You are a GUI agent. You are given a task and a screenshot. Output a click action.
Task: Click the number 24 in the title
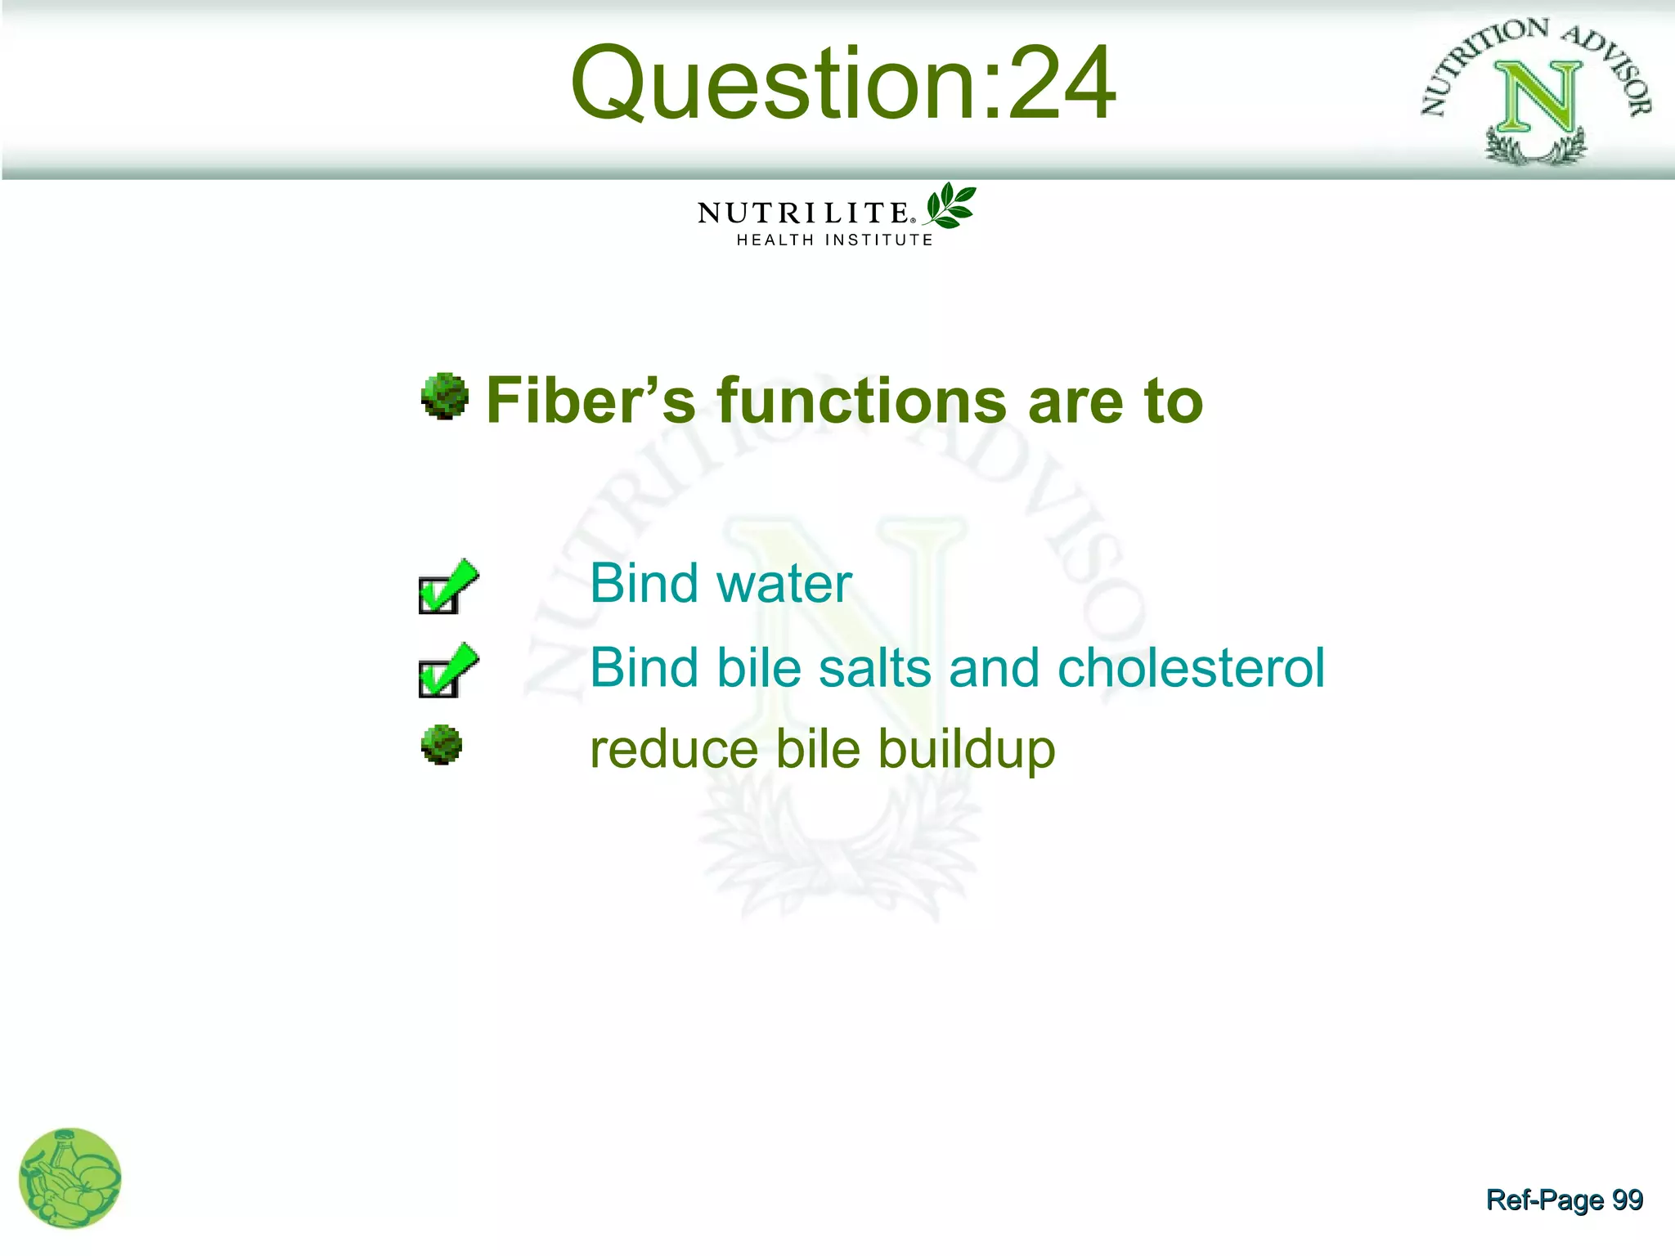(x=1061, y=83)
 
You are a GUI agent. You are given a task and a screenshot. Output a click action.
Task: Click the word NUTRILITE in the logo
(x=803, y=213)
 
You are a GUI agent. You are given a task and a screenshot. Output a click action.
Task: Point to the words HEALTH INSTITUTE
(x=834, y=240)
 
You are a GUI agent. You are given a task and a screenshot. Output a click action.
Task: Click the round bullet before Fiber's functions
(x=444, y=397)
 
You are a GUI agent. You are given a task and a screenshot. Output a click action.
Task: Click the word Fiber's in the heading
(x=591, y=401)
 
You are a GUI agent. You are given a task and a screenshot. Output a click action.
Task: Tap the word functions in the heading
(x=862, y=401)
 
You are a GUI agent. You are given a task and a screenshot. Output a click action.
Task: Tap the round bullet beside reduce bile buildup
(x=442, y=745)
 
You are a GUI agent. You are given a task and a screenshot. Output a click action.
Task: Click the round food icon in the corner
(x=70, y=1178)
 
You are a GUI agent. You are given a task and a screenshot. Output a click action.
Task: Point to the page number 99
(x=1627, y=1200)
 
